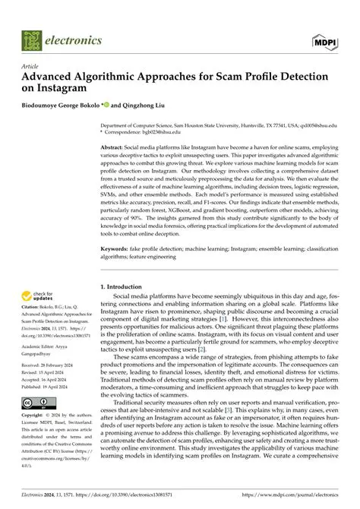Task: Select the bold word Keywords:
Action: [x=116, y=248]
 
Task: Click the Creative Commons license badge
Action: [x=39, y=402]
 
